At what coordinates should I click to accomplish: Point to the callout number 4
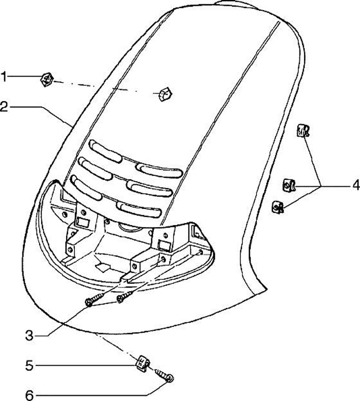click(x=355, y=185)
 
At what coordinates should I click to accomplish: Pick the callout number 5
click(x=29, y=366)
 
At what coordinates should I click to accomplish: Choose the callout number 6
click(x=29, y=395)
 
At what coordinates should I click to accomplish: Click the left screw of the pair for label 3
click(x=93, y=301)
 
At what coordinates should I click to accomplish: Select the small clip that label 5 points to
click(x=143, y=362)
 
